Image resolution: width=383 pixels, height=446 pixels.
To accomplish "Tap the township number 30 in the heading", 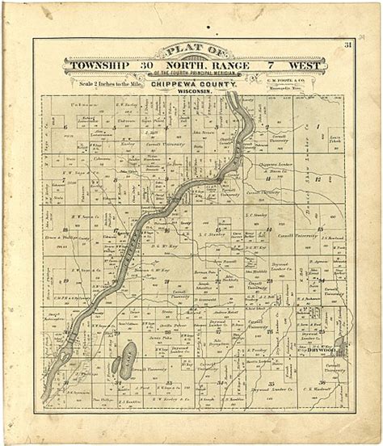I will click(x=146, y=65).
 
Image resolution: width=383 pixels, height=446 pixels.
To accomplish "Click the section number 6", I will click(x=64, y=127).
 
